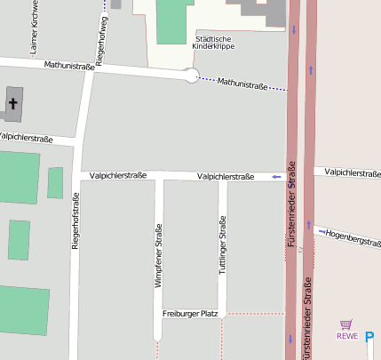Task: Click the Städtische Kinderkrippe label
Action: click(x=212, y=42)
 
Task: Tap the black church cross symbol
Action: click(x=13, y=104)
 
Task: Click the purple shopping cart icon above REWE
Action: click(x=346, y=325)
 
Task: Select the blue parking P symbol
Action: click(x=369, y=336)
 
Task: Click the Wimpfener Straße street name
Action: click(x=158, y=254)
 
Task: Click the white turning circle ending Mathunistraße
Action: click(x=190, y=76)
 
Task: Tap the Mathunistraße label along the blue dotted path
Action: click(x=242, y=83)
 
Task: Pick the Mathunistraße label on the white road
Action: click(x=68, y=66)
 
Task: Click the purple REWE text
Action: click(x=347, y=337)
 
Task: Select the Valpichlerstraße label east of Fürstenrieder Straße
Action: click(x=353, y=172)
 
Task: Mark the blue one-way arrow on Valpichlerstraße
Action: click(x=277, y=177)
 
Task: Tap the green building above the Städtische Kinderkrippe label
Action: click(x=175, y=20)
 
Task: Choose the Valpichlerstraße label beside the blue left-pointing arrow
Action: click(x=226, y=177)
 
